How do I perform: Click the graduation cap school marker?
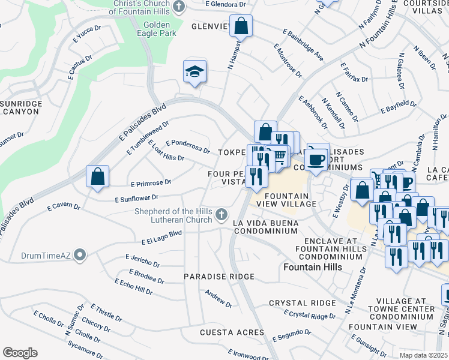point(195,71)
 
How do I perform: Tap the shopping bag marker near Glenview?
point(241,26)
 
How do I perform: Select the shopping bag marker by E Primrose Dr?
point(97,176)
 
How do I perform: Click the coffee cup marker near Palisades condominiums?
point(317,160)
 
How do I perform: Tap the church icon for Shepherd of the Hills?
point(221,214)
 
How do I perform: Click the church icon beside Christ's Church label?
point(178,7)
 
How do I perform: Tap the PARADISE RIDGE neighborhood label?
point(219,277)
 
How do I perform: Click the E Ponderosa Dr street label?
point(188,146)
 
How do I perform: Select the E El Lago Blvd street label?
point(161,236)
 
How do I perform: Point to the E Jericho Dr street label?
point(143,260)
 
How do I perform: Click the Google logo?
point(20,352)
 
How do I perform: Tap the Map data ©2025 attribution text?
point(423,355)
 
